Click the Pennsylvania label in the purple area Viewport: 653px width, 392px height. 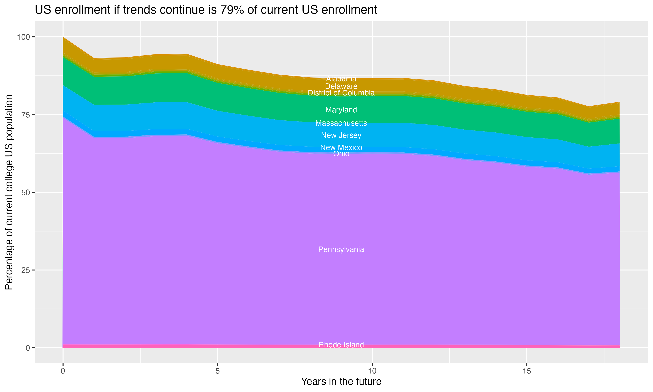(341, 249)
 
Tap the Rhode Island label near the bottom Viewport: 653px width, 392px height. (341, 345)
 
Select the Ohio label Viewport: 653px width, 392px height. (341, 154)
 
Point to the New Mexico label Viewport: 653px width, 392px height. (341, 147)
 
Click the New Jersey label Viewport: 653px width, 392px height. (341, 135)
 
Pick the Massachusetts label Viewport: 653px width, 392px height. (341, 123)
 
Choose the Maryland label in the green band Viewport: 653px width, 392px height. (341, 110)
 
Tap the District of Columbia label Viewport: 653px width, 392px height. (341, 93)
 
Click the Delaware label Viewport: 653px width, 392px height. (341, 86)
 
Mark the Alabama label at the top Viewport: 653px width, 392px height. (341, 79)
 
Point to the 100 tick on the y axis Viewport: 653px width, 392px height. (24, 37)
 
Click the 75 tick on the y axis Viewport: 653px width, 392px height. (26, 115)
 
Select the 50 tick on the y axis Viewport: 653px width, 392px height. (26, 193)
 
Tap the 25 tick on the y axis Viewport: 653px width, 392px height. (26, 270)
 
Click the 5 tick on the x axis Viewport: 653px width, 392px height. (217, 371)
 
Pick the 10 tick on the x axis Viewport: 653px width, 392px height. (372, 371)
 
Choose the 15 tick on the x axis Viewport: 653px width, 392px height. (527, 371)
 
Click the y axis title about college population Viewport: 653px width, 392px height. (9, 192)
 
